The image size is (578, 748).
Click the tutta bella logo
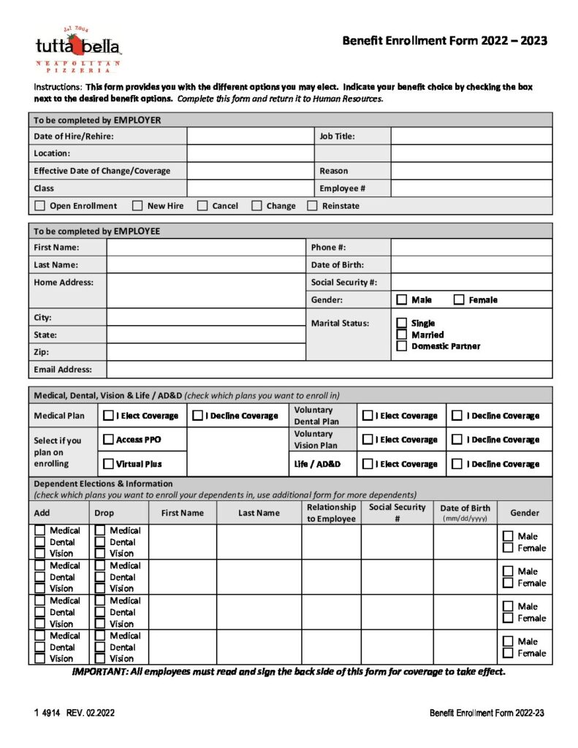78,49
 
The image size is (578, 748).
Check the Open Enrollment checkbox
39,206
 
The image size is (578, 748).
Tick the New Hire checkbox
137,206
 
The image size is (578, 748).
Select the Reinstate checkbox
312,206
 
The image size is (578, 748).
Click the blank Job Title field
471,136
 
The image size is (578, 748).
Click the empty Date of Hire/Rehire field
250,136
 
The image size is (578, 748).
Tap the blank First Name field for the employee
205,248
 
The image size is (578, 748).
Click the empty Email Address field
329,370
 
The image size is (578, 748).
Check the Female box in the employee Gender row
459,299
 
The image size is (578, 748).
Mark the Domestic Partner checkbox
401,346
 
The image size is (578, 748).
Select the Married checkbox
401,335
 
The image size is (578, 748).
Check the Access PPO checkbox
108,440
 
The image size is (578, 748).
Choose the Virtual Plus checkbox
108,464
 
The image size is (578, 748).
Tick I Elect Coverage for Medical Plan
108,416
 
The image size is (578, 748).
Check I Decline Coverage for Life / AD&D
457,464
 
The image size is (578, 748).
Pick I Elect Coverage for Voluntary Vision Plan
368,440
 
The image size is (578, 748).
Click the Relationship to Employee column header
331,513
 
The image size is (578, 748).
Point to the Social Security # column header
397,513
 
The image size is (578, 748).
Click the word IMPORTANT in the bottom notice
100,672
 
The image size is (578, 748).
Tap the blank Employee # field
471,188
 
